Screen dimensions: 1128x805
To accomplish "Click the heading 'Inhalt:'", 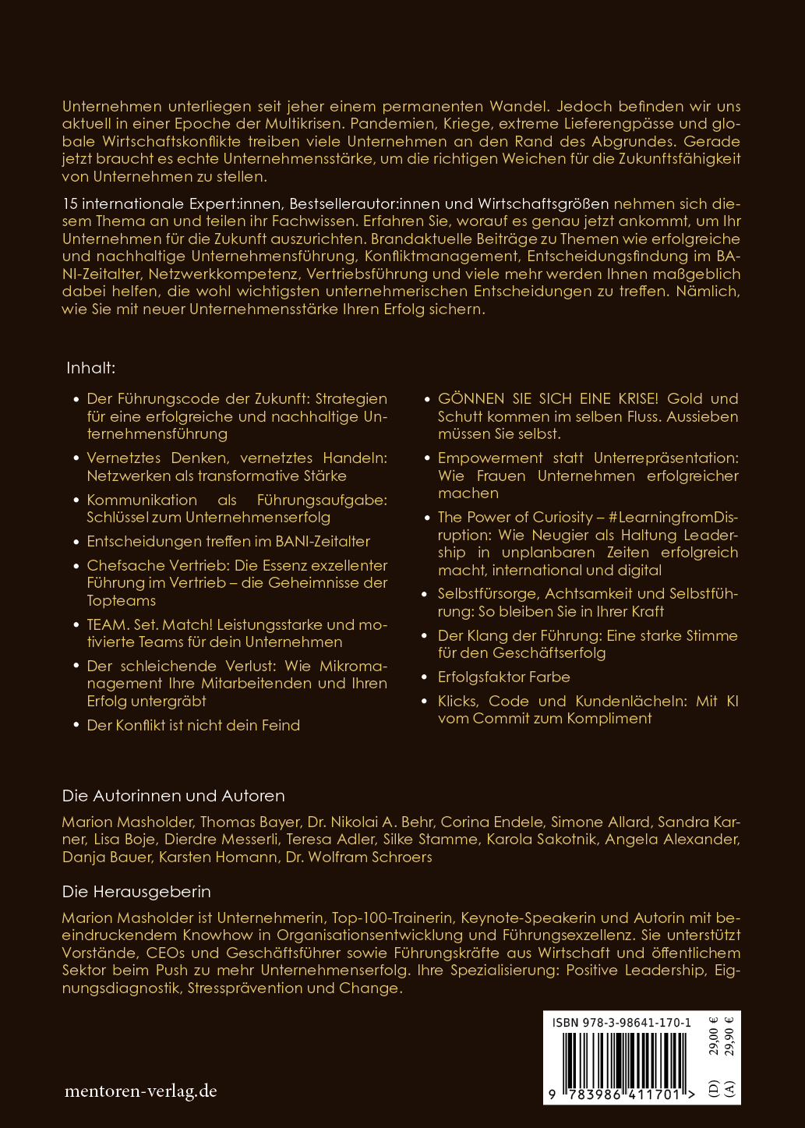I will (90, 368).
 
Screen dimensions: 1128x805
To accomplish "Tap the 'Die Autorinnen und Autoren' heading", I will (173, 796).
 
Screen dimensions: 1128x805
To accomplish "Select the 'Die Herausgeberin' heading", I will (136, 891).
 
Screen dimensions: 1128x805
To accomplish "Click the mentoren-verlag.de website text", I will (140, 1091).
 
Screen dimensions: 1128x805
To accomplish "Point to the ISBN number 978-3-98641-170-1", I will (621, 1023).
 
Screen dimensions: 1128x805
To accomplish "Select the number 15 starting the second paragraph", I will (69, 204).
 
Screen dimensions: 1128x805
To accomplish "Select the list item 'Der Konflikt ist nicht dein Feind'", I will (193, 725).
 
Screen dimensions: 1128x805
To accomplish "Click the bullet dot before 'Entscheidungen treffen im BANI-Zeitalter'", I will (76, 542).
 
